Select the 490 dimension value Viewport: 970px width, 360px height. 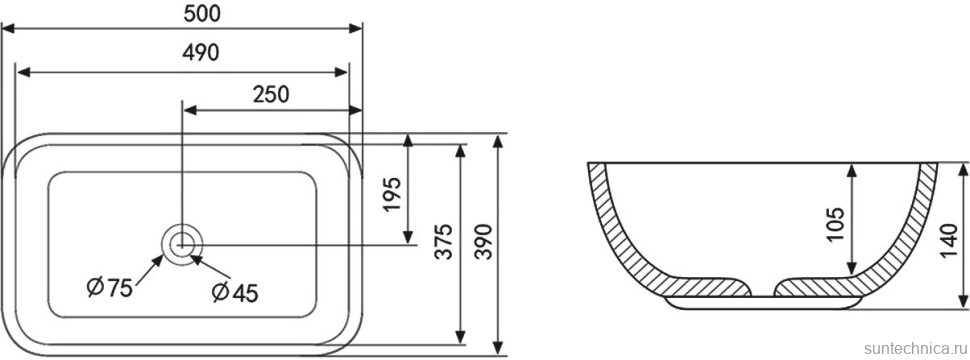click(x=200, y=53)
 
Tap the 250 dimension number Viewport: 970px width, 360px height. click(x=271, y=94)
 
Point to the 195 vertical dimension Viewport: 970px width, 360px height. click(x=392, y=195)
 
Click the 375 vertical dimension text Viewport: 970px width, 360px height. click(x=444, y=241)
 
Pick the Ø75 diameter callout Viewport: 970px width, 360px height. click(x=110, y=288)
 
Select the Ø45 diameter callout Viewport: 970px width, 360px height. click(x=234, y=293)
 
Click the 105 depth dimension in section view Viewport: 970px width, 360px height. click(x=835, y=225)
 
